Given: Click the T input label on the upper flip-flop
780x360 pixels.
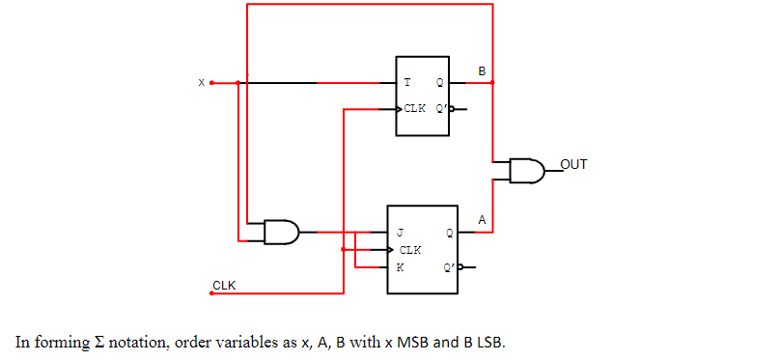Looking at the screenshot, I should point(406,83).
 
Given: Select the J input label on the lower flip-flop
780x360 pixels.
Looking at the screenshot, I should point(399,233).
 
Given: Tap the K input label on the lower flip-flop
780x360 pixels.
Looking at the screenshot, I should point(399,266).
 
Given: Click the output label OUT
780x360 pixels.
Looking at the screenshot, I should point(573,164).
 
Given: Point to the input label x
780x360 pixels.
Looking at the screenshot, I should point(202,83).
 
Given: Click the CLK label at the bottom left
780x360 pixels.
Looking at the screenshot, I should point(224,285).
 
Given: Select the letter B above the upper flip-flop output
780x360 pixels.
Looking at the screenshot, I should point(482,70).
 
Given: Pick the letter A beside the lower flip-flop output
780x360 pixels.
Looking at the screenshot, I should point(482,221).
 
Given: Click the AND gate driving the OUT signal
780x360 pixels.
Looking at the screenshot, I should point(525,171).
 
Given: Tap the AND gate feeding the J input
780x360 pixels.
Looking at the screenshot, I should point(281,232).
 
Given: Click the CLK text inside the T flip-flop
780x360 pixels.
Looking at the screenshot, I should point(415,108).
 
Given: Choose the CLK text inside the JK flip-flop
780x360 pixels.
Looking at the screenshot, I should point(410,250).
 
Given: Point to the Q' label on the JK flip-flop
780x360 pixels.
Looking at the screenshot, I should point(449,267).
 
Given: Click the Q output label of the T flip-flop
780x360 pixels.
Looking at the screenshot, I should point(439,83).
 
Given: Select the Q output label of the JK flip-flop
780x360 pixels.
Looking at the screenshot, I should point(449,233).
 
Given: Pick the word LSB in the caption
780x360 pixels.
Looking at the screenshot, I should point(489,342).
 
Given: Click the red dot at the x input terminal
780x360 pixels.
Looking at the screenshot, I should point(211,83).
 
